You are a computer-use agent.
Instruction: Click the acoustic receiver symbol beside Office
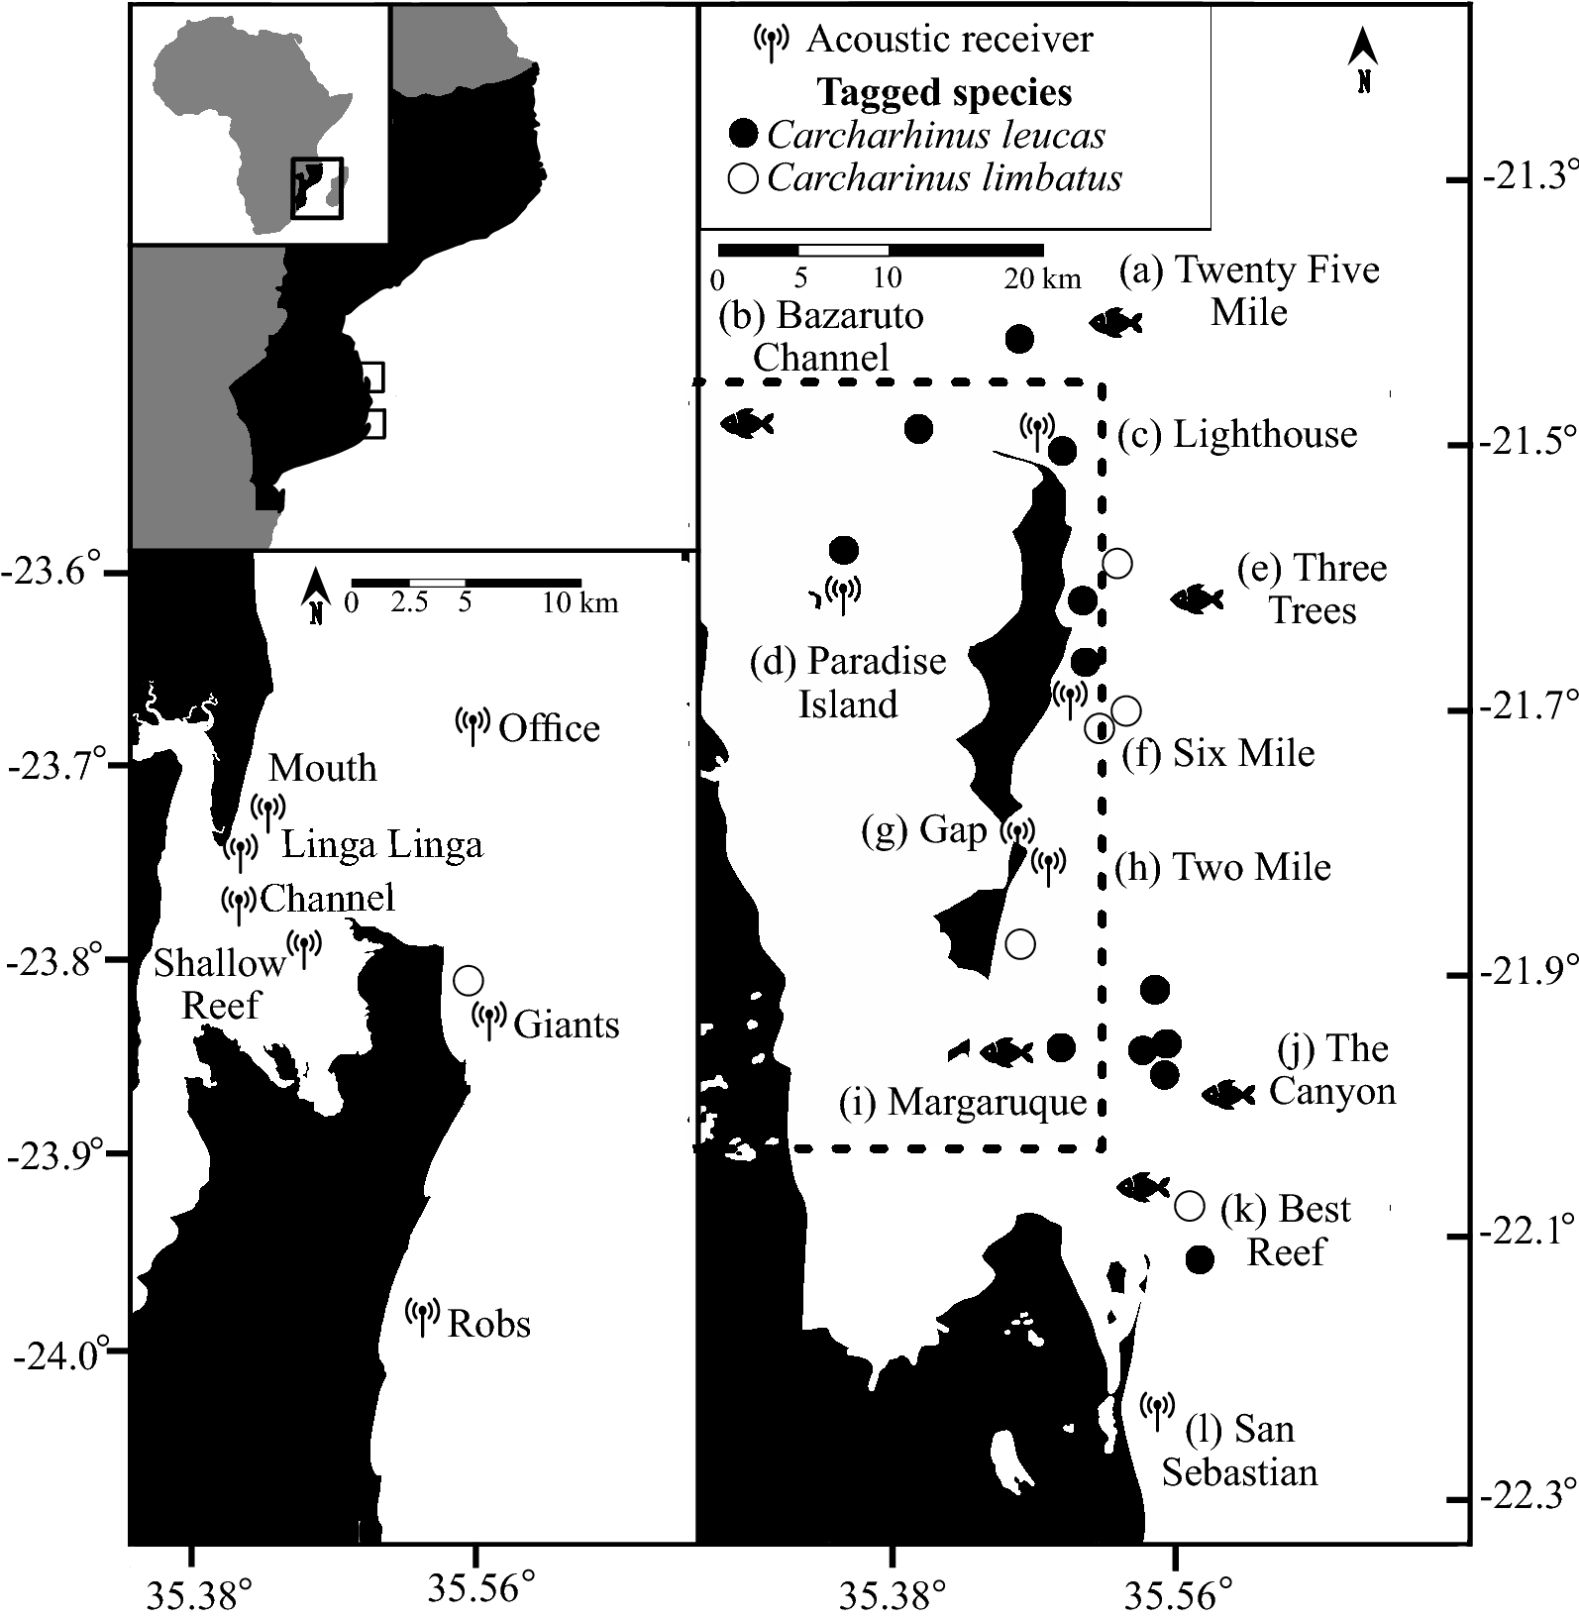473,724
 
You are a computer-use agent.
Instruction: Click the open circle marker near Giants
468,980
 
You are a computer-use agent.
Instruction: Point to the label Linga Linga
382,845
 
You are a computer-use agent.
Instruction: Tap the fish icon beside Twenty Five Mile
1115,322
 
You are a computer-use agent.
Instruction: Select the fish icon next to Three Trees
1197,597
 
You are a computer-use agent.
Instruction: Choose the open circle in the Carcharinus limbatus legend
743,178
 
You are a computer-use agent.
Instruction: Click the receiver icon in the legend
771,40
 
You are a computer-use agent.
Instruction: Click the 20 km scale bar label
1042,278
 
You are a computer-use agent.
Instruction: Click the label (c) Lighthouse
1237,434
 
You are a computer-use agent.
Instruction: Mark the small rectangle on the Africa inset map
316,187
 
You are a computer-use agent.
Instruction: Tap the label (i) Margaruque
963,1102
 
